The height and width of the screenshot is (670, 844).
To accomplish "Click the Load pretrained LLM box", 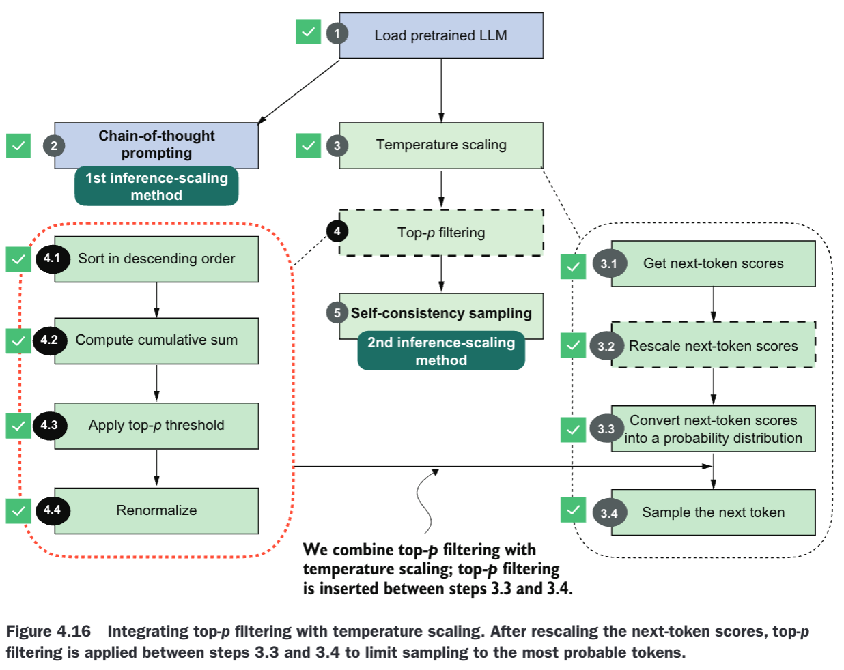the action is tap(441, 35).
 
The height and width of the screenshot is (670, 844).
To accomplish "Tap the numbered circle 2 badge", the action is tap(54, 146).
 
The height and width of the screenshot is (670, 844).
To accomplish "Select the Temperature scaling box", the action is tap(441, 146).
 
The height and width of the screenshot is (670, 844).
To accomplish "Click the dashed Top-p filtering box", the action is tap(441, 233).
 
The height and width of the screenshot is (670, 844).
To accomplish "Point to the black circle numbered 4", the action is tap(337, 231).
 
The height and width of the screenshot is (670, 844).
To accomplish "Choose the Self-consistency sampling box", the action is tap(441, 316).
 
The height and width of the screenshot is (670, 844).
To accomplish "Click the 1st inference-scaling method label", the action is tap(156, 186).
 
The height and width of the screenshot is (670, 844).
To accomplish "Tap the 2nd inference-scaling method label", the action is tap(441, 351).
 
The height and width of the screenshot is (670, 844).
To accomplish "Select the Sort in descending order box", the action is tap(156, 259).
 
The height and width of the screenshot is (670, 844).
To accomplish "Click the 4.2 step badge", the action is tap(50, 340).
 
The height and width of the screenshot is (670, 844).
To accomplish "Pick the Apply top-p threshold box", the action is tap(156, 426).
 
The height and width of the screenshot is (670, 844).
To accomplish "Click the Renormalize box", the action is tap(156, 511).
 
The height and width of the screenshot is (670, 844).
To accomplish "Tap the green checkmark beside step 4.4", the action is tap(18, 511).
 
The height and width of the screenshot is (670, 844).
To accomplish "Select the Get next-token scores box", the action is tap(714, 263).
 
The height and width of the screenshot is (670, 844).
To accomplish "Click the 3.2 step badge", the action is tap(606, 346).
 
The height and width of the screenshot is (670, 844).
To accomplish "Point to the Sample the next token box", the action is tap(714, 512).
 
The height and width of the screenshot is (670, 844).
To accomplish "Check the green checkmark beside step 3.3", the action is tap(573, 430).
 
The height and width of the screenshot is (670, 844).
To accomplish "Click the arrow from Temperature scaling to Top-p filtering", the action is tap(441, 189).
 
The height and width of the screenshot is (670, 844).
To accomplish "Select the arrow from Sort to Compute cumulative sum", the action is tap(156, 300).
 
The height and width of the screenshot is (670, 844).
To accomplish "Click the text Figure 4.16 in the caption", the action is tap(48, 632).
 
